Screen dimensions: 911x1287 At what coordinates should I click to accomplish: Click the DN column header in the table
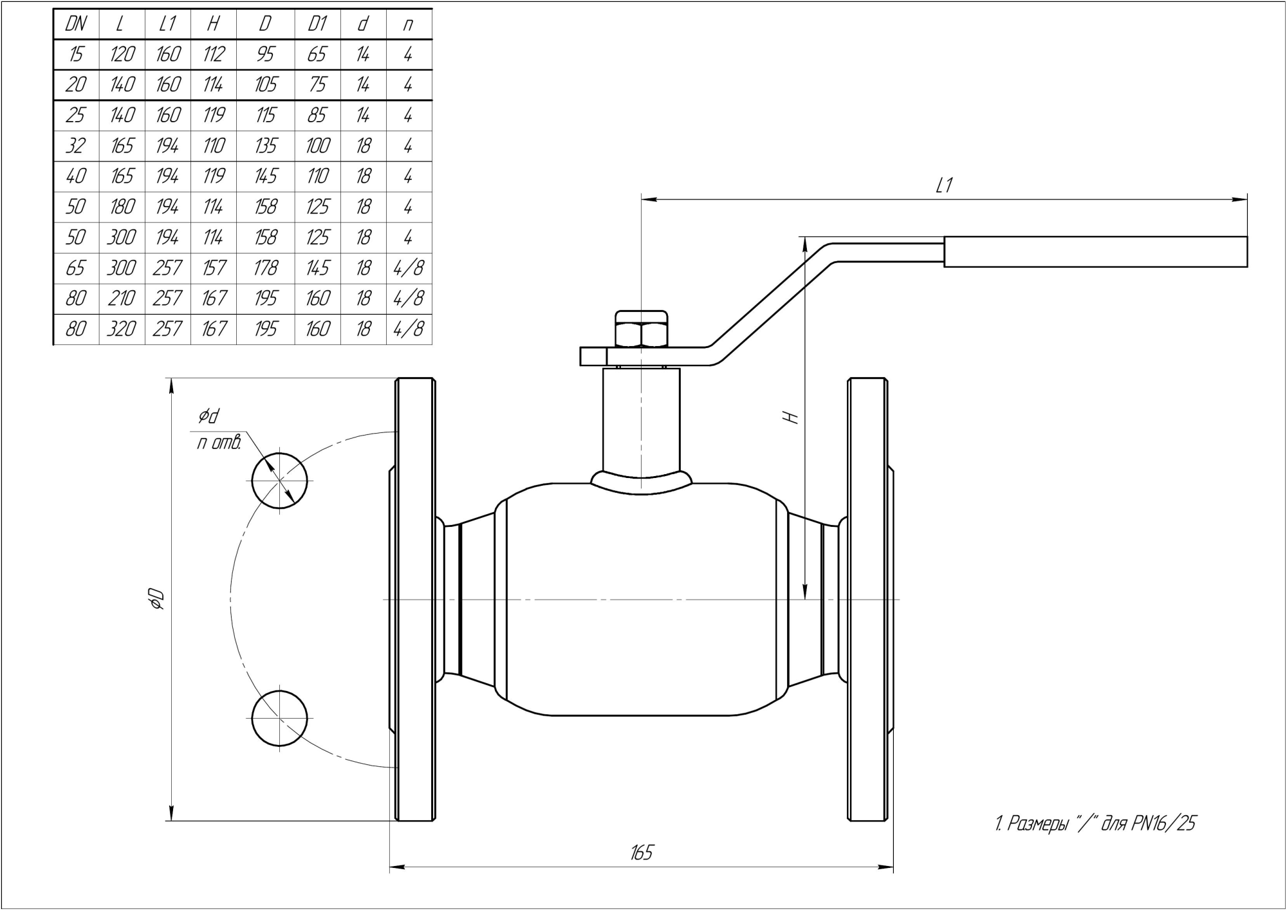76,24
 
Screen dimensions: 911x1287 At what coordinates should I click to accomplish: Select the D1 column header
317,24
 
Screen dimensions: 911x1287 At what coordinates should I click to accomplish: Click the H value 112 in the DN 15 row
213,55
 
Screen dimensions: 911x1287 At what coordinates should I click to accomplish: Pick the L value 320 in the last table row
122,329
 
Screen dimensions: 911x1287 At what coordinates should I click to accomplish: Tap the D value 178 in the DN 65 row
265,268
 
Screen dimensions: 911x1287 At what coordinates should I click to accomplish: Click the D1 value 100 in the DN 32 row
317,146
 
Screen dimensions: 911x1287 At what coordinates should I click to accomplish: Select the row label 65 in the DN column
76,268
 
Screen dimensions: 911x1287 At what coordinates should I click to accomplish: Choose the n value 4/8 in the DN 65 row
409,268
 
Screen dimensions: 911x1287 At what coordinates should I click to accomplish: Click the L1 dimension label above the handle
943,186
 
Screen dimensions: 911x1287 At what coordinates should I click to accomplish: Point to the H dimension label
793,417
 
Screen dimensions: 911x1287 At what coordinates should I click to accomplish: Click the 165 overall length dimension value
641,853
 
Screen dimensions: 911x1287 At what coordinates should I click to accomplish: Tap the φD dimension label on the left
157,599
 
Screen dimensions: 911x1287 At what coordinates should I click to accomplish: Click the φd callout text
208,416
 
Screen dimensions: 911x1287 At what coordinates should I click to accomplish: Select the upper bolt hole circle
279,481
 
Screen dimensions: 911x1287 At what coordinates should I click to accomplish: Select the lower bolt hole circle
279,718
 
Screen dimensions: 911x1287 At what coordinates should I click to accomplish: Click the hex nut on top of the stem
642,330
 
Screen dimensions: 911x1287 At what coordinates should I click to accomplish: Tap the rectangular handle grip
1095,252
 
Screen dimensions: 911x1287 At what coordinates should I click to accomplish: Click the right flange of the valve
867,599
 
